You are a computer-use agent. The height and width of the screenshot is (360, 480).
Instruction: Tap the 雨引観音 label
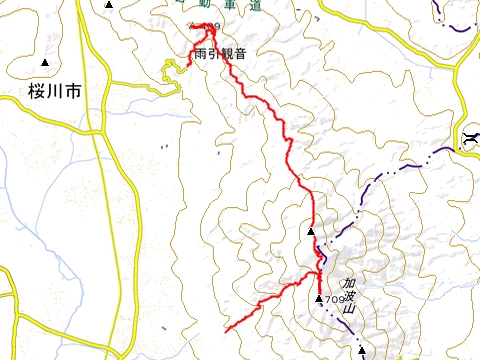(219, 53)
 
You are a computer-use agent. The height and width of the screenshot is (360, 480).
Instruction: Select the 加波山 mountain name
(349, 294)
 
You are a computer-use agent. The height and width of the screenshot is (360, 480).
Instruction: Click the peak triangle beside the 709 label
(319, 298)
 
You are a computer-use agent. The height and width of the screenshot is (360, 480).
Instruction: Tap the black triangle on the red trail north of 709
(311, 232)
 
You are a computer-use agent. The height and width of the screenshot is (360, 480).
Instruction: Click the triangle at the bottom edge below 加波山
(363, 351)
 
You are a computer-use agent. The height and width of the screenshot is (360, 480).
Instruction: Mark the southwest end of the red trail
(226, 329)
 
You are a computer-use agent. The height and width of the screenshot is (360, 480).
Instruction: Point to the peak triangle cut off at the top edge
(109, 4)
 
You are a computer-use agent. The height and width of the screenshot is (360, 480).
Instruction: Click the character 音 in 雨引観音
(239, 53)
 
